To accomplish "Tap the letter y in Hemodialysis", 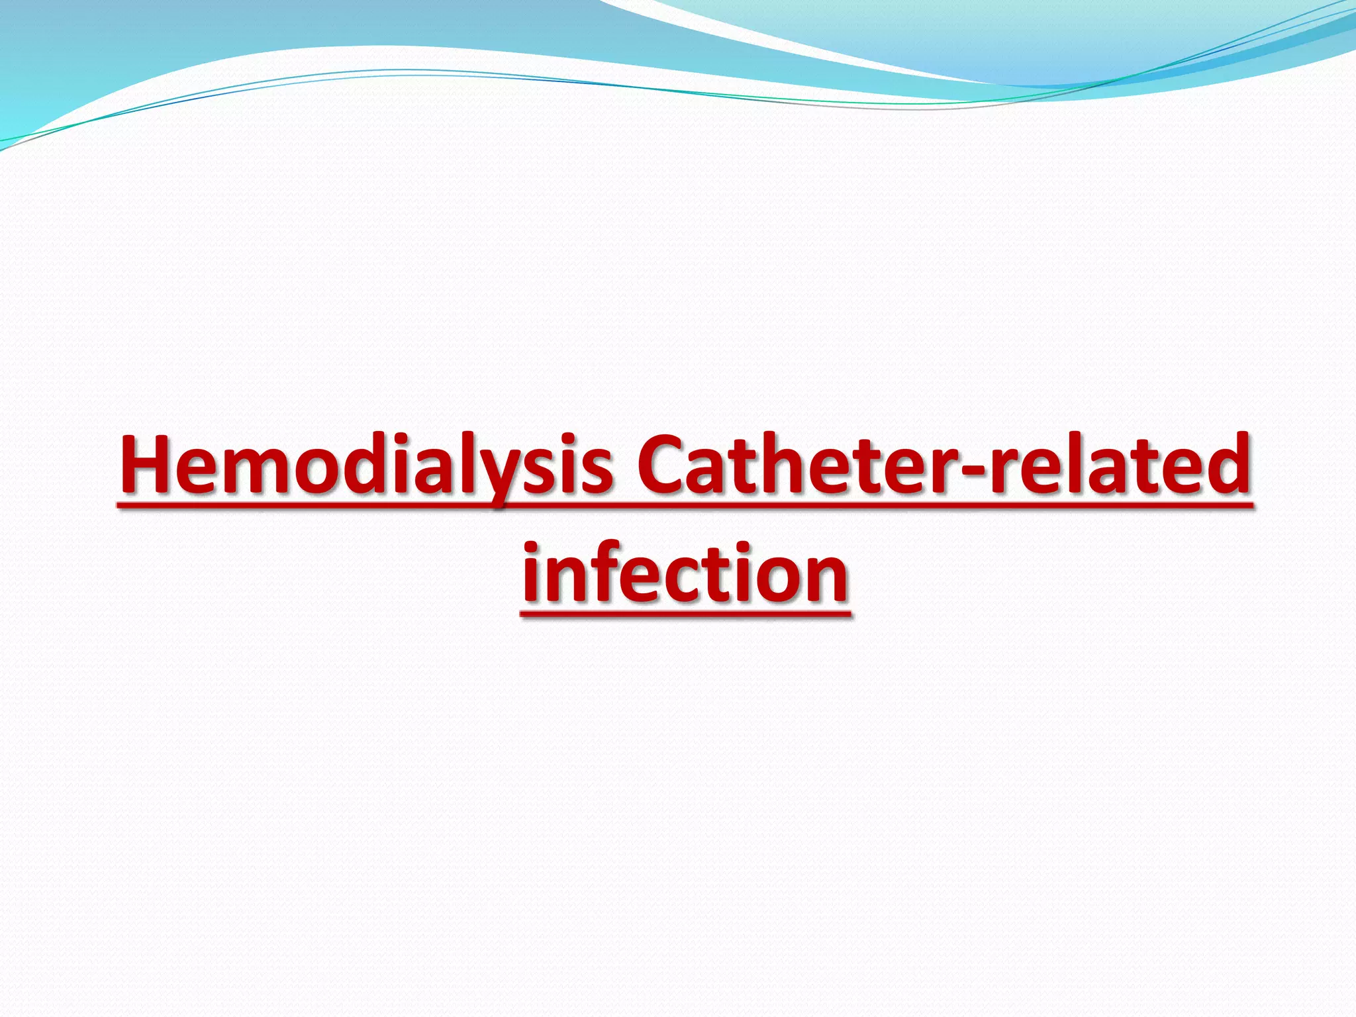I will click(x=503, y=473).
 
